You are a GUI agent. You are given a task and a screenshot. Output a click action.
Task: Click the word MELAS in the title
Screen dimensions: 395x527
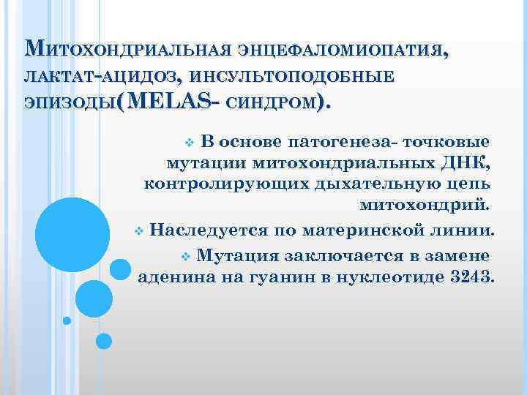click(x=170, y=102)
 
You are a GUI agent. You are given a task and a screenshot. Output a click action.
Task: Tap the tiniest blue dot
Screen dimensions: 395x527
click(x=67, y=320)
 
